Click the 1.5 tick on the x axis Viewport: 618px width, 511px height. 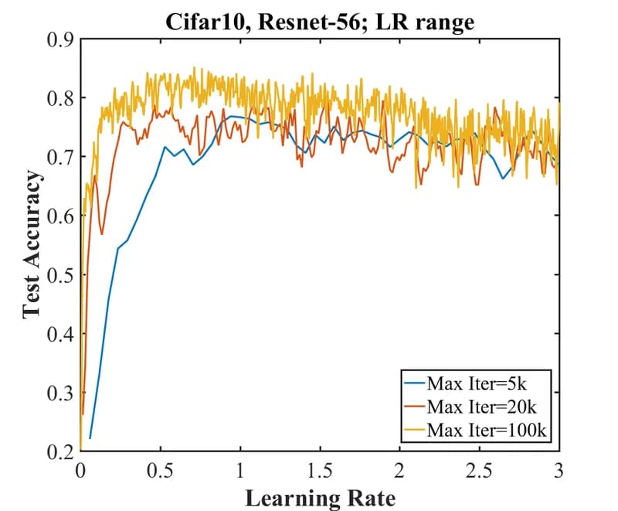pyautogui.click(x=320, y=471)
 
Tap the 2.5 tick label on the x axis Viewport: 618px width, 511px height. pyautogui.click(x=480, y=471)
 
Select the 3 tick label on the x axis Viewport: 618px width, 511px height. pyautogui.click(x=559, y=471)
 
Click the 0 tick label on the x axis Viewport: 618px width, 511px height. pyautogui.click(x=80, y=471)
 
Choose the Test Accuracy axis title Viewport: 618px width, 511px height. pyautogui.click(x=31, y=244)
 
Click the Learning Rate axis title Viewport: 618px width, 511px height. pyautogui.click(x=320, y=496)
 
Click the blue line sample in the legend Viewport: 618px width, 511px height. pyautogui.click(x=414, y=383)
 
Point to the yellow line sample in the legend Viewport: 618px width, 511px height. pyautogui.click(x=414, y=429)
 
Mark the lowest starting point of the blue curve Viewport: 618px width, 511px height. pyautogui.click(x=90, y=438)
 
